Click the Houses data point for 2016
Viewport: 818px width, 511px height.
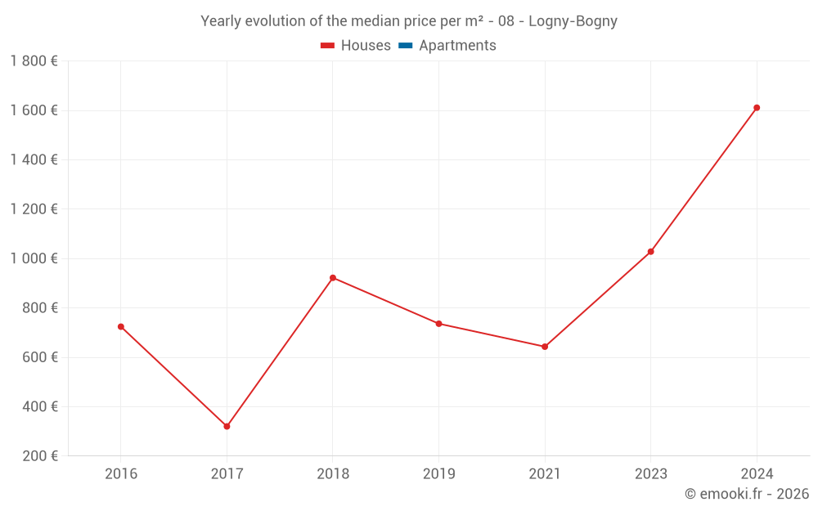[121, 326]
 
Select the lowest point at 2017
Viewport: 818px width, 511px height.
[227, 426]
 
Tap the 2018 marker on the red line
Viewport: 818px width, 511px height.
[333, 278]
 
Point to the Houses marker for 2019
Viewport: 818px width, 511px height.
[438, 324]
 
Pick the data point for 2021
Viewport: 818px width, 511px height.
[545, 347]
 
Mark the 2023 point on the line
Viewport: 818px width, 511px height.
[651, 252]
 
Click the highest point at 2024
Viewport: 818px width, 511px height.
[757, 108]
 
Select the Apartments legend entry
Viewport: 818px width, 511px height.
[457, 46]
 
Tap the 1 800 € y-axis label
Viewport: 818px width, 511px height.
[34, 61]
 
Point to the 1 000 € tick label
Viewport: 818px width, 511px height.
[34, 258]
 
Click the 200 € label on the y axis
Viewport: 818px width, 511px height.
[39, 456]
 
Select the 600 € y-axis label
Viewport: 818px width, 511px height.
[39, 357]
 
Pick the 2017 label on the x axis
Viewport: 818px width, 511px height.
[227, 473]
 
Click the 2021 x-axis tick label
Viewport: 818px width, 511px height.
[545, 473]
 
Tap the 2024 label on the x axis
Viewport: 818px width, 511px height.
[757, 473]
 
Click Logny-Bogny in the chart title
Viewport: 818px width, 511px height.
[573, 21]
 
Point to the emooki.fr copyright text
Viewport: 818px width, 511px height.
[747, 494]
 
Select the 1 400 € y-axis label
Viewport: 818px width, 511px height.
[34, 159]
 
